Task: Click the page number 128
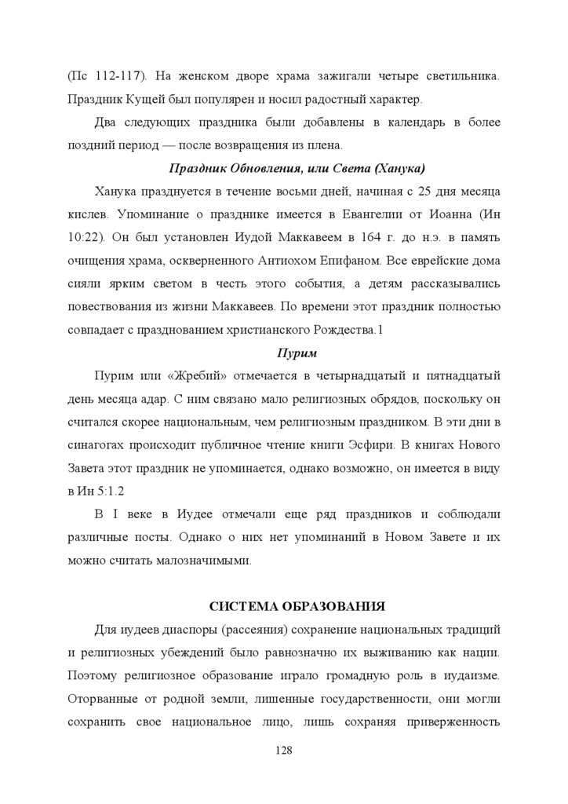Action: [284, 750]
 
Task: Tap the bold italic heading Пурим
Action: [292, 353]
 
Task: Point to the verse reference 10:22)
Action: [88, 237]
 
